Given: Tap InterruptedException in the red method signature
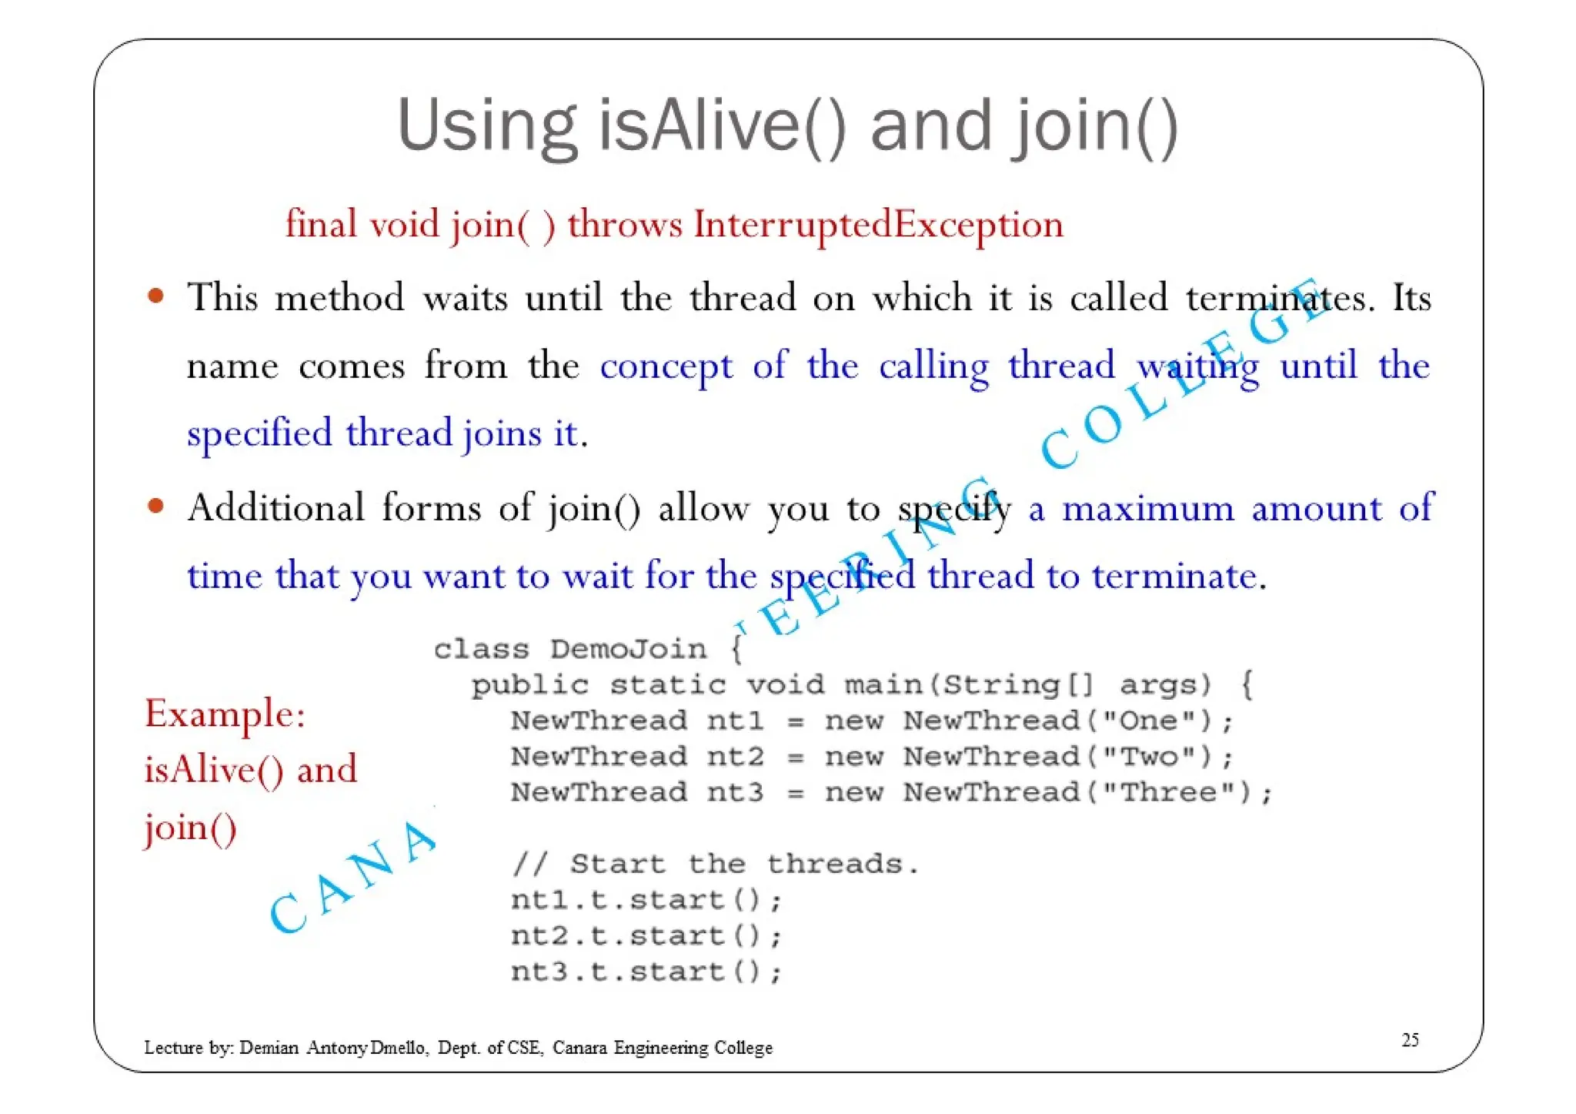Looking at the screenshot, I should [877, 225].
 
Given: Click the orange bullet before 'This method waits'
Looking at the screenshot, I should [156, 296].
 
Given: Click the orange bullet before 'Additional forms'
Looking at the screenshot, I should [156, 506].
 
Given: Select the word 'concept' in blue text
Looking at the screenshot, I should [666, 366].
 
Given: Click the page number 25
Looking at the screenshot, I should [1410, 1040].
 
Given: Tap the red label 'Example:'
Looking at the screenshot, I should [225, 714].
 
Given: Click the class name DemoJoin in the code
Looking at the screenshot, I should [628, 650].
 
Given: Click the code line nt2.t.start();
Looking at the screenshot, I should [646, 936].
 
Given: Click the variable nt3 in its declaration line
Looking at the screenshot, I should [735, 792].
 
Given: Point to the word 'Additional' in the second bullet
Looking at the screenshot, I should [276, 509].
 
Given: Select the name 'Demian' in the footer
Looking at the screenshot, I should [269, 1048].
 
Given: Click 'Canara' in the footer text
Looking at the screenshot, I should [579, 1048].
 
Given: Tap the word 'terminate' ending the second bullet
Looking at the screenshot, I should [1174, 577].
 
